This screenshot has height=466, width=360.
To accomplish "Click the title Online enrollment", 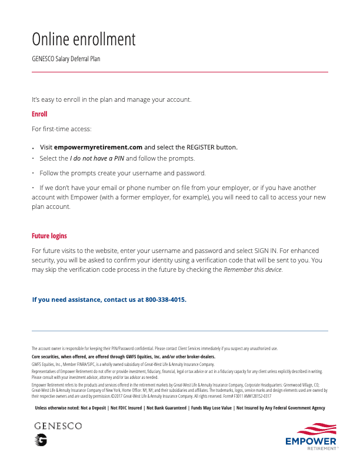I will click(x=84, y=39).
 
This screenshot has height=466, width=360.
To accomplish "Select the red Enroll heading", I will click(x=39, y=114).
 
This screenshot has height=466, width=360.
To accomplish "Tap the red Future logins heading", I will click(x=49, y=236).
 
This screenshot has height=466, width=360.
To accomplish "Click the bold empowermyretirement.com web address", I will click(x=98, y=147).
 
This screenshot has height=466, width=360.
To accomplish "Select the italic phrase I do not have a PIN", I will click(x=97, y=158).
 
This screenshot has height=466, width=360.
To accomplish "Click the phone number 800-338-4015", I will click(x=165, y=299).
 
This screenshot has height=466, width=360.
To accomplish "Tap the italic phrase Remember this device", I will click(x=253, y=269).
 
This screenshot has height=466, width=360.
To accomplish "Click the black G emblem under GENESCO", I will click(x=41, y=439).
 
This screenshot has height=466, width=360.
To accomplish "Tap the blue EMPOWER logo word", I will click(x=311, y=441).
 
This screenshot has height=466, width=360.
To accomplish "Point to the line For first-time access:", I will click(x=62, y=128).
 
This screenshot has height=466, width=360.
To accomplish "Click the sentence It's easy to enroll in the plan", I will click(x=111, y=99).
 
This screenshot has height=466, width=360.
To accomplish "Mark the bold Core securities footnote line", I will click(x=123, y=357).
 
